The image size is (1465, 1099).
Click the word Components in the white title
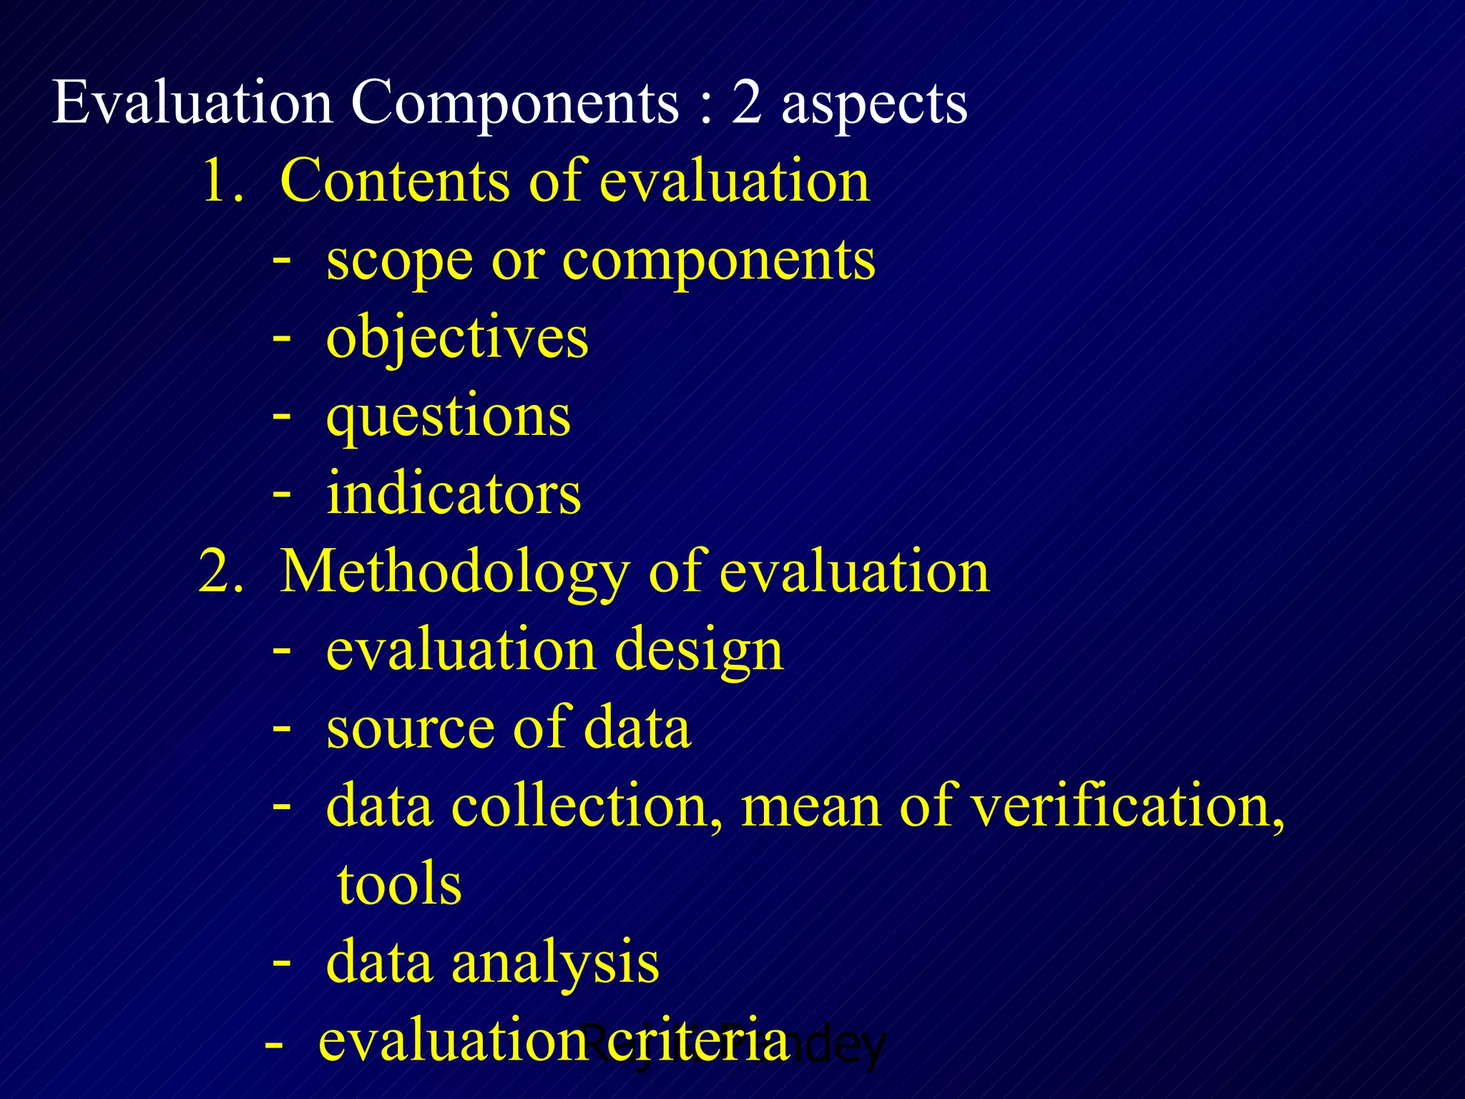click(514, 104)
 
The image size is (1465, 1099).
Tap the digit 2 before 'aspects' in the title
click(746, 104)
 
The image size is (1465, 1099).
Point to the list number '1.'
click(223, 181)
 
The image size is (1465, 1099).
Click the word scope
click(399, 261)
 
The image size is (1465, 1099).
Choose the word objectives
click(457, 338)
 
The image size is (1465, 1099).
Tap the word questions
click(448, 417)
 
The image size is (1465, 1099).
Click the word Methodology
click(454, 573)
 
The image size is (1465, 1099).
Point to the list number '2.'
click(222, 572)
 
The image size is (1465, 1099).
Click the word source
click(411, 729)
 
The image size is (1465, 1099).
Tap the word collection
click(587, 806)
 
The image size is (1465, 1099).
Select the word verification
click(1127, 806)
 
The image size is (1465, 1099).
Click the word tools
click(399, 884)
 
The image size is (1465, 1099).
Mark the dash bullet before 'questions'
click(282, 416)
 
